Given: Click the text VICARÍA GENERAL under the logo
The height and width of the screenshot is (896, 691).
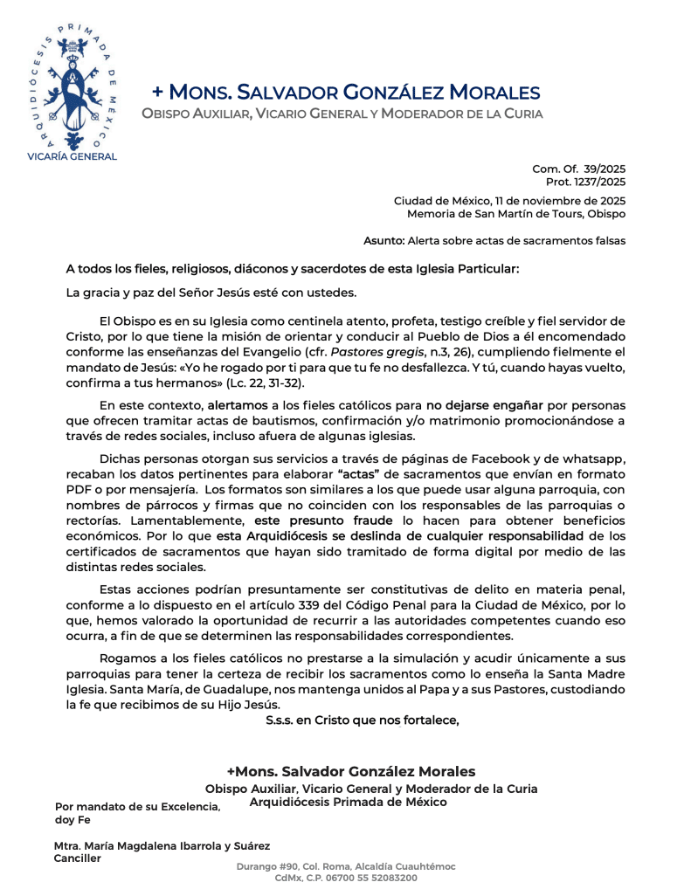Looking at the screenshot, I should coord(72,155).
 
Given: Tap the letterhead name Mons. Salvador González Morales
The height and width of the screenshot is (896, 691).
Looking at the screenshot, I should coord(346,92).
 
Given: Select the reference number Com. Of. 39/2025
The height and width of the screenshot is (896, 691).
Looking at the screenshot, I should coord(578,169).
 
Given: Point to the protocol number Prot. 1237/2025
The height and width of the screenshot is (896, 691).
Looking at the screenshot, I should coord(585,182).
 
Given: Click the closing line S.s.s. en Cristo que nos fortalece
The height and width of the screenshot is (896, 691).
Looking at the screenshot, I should coord(362,720).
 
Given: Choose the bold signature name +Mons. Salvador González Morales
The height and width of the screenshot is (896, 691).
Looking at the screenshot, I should coord(351,771).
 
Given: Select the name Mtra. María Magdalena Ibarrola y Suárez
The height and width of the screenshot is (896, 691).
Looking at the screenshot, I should coord(162,845).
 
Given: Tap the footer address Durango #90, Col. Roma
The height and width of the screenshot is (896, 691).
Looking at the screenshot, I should coord(345,866).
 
